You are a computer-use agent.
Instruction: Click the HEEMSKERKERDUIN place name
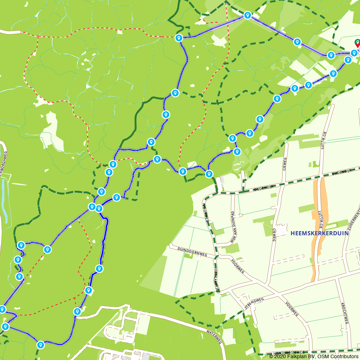tap(319, 233)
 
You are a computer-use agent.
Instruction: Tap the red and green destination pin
tap(357, 43)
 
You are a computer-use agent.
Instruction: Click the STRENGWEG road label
tap(254, 303)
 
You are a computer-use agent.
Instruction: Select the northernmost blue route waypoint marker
tap(247, 15)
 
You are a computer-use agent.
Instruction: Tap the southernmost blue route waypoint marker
tap(41, 345)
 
